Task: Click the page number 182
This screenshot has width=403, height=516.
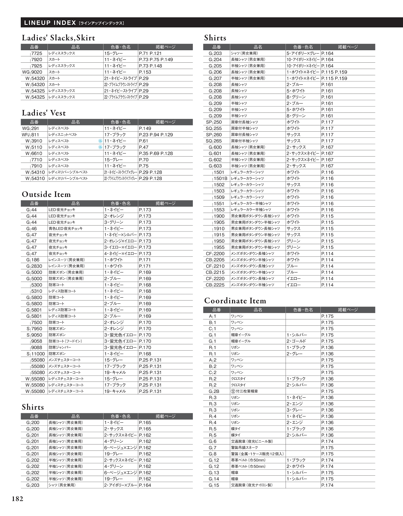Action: (18, 499)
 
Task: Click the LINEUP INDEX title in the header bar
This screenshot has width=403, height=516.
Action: (50, 23)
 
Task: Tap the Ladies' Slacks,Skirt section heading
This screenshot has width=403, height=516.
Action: (58, 38)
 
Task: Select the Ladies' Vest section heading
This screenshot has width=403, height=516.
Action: (44, 113)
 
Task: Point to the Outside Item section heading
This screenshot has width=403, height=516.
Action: (46, 194)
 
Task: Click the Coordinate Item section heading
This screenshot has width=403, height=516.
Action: (235, 301)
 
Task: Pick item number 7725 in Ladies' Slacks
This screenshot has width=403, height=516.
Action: (37, 53)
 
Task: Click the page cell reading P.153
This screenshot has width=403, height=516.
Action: (145, 72)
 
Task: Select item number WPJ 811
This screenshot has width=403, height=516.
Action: (31, 135)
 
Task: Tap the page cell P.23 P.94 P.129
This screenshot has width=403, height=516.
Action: (156, 135)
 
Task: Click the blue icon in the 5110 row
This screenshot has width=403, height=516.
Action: (100, 147)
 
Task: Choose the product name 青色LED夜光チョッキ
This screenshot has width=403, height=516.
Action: (65, 228)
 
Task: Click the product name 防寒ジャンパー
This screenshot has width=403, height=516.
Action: (60, 347)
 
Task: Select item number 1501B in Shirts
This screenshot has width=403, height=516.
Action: (220, 178)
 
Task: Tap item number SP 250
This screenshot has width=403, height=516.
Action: (214, 122)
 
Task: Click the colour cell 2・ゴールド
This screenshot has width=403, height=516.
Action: (296, 341)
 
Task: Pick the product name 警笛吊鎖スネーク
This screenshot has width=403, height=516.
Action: (244, 448)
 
